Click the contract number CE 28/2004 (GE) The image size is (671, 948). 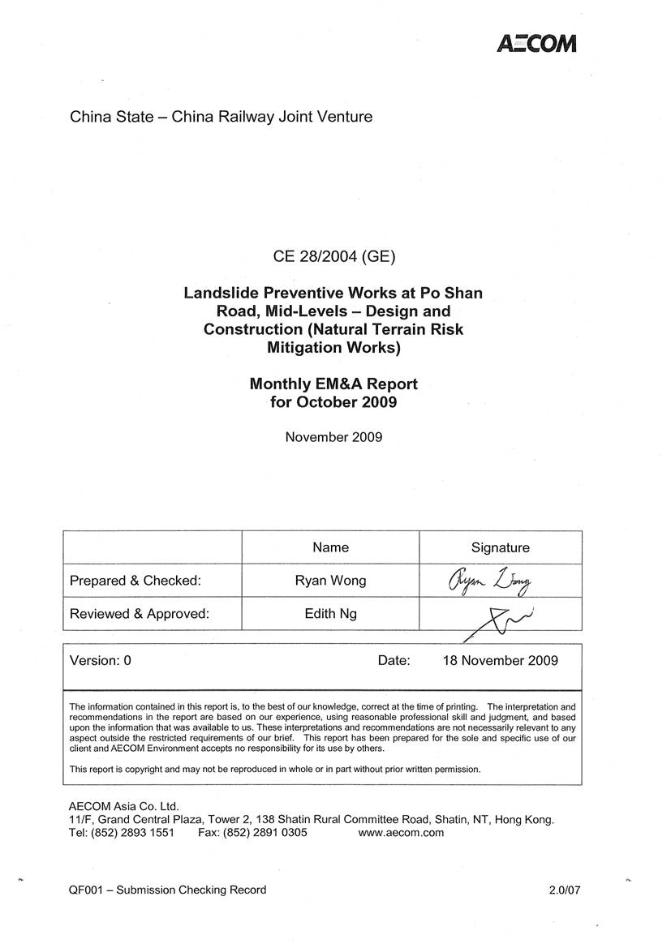tap(333, 258)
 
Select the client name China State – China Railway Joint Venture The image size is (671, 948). tap(221, 117)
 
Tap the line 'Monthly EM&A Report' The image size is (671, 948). tap(333, 384)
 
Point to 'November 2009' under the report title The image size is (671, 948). tap(333, 437)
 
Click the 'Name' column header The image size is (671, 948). tap(330, 547)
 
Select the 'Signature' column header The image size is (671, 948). tap(500, 548)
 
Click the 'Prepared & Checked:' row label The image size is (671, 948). tap(135, 581)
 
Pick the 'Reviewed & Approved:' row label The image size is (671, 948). tap(140, 614)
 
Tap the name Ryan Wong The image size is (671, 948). tap(330, 581)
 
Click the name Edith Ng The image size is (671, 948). tap(330, 614)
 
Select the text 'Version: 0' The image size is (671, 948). tap(101, 660)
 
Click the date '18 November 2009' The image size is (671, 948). tap(500, 660)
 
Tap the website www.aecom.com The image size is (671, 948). tap(401, 833)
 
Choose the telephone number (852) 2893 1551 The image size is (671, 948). tap(134, 833)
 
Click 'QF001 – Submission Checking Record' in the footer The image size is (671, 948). tap(168, 890)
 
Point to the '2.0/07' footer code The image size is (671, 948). tap(565, 890)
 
